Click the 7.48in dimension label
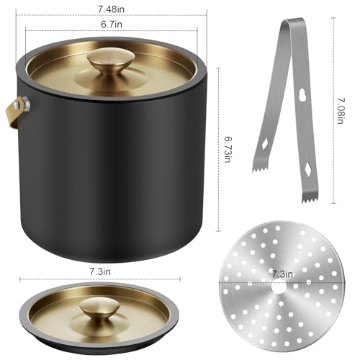click(112, 8)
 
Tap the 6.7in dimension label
click(112, 23)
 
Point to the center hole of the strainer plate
click(282, 284)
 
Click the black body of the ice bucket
click(115, 166)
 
